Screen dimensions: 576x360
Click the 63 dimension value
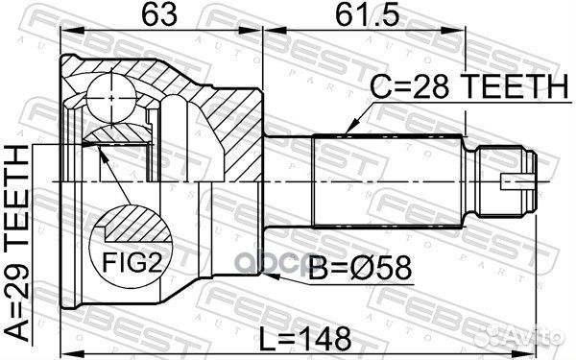click(x=159, y=15)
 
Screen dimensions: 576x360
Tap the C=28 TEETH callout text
click(x=468, y=86)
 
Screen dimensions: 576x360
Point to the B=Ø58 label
click(x=360, y=269)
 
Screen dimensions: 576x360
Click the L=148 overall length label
click(x=305, y=340)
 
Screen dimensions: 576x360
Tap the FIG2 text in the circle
click(x=132, y=262)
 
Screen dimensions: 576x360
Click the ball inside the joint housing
click(x=111, y=98)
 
